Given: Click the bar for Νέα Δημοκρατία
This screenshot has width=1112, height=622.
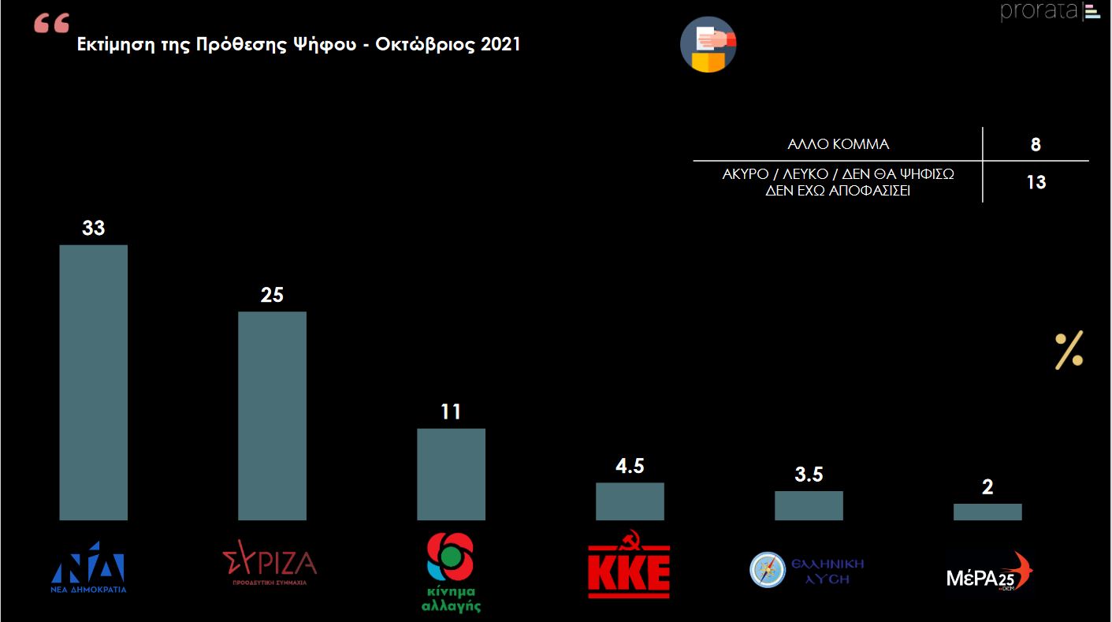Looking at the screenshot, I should pos(93,382).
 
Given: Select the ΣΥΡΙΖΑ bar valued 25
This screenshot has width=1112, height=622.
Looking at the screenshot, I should pos(272,415).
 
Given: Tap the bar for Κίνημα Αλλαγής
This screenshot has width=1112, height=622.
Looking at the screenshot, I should pos(451,474).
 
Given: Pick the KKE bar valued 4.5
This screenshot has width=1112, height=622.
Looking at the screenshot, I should pos(630,501).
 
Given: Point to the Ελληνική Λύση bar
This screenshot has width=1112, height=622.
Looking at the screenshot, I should pos(809,505).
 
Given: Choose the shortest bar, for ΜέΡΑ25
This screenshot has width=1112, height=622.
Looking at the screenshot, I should pos(987,512).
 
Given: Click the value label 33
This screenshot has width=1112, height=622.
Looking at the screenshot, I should pos(93,228).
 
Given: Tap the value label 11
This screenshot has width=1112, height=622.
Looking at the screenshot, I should pos(451,412).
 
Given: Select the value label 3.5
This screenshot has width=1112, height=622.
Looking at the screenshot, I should pos(809,475).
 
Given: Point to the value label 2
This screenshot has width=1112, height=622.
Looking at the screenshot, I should pos(987,487).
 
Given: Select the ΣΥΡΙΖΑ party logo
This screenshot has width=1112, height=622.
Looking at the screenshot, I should pos(270,561).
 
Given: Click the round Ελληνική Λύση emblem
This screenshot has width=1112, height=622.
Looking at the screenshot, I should pos(768,569).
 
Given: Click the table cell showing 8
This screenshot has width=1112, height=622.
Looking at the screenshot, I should pos(1036,144).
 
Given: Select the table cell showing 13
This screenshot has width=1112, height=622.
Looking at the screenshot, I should pos(1036,182).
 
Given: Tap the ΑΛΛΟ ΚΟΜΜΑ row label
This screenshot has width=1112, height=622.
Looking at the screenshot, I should pos(838,144).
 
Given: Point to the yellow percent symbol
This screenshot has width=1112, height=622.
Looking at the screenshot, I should pos(1069,350).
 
